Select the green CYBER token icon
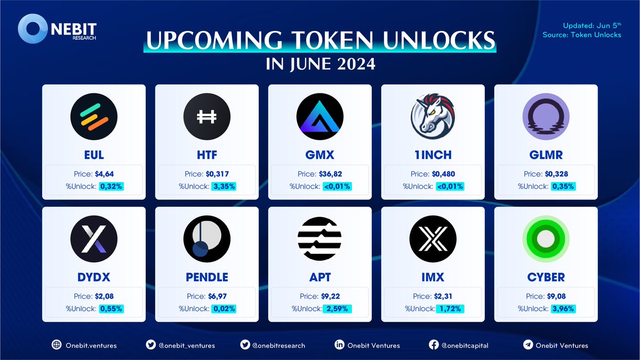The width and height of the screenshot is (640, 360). pos(546,239)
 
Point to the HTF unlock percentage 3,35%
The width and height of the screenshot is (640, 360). pos(225,187)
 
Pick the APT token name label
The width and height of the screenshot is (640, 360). pos(320,277)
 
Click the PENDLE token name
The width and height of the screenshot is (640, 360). pos(207,277)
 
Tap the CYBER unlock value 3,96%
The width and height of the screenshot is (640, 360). pos(564,309)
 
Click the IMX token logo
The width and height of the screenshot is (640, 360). pos(433,239)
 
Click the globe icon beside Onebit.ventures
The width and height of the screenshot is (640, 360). pos(56,345)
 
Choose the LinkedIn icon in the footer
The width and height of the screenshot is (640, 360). pos(339,345)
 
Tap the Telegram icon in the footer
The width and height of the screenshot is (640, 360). pos(528,345)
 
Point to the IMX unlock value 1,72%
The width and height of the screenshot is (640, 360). pos(451,309)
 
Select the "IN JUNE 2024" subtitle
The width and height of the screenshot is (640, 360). pos(320,65)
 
